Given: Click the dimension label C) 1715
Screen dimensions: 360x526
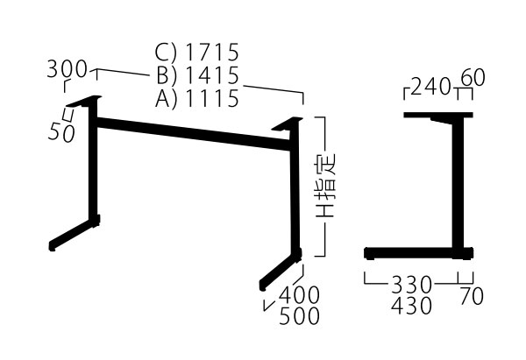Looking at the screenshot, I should [197, 53].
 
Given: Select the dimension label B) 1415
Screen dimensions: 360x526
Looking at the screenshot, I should [197, 75].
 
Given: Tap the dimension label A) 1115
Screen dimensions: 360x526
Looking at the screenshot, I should [197, 98].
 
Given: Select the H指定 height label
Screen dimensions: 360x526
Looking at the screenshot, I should [325, 187].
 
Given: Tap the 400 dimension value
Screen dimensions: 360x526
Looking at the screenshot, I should [299, 293].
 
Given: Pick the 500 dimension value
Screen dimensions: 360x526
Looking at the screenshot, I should [299, 316].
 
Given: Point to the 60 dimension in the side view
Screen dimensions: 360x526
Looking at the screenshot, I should [472, 79].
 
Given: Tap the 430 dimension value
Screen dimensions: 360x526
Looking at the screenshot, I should [413, 307].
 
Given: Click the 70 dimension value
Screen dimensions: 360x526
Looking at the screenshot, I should [471, 296].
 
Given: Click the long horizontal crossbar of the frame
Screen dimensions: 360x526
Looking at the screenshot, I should [193, 136].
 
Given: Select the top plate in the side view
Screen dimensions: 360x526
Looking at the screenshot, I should [437, 116].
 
